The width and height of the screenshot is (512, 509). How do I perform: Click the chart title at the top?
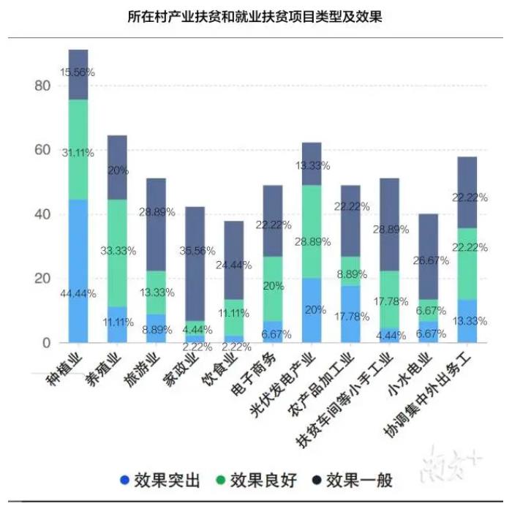pyautogui.click(x=256, y=17)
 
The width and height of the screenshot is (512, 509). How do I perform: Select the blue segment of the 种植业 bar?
pyautogui.click(x=78, y=271)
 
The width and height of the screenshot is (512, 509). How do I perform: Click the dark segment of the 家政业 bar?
pyautogui.click(x=195, y=263)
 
